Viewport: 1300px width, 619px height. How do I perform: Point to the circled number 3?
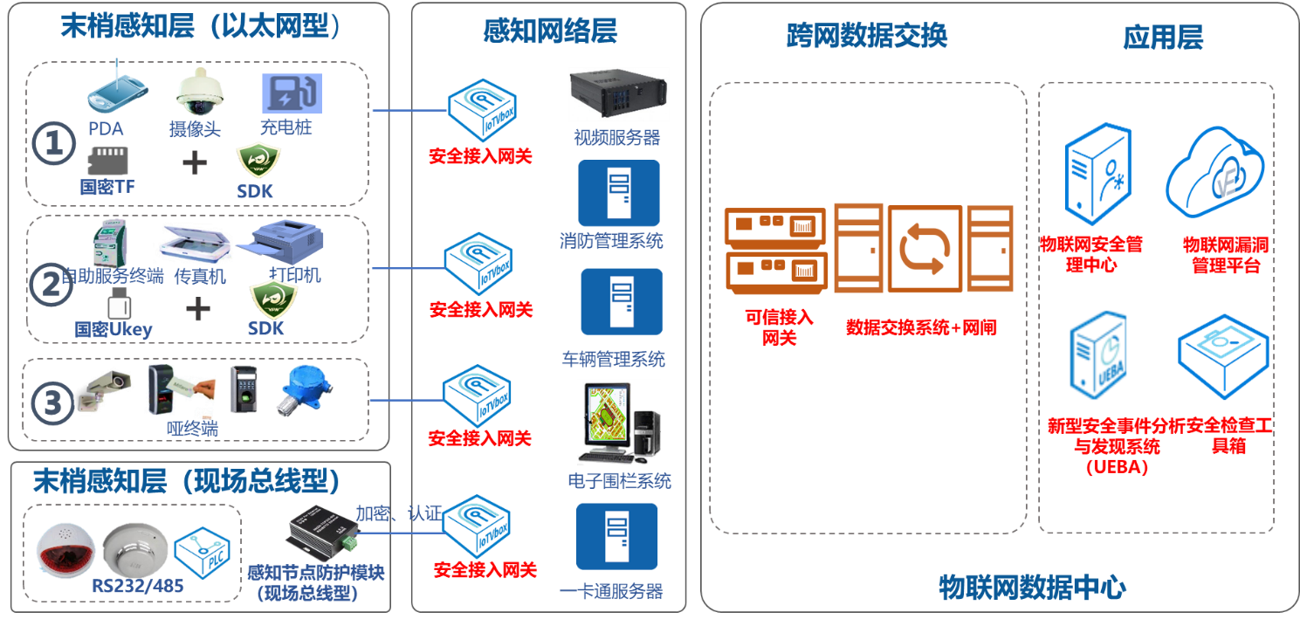[52, 403]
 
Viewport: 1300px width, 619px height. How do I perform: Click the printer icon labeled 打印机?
[286, 240]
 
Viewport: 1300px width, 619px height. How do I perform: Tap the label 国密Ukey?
[113, 329]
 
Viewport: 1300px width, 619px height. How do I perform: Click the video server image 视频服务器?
[618, 94]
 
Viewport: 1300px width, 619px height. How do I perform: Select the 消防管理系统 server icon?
[618, 193]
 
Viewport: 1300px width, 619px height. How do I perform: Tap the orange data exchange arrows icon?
[925, 249]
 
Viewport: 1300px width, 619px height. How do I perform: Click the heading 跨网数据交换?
[866, 36]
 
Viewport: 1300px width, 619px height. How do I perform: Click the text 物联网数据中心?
[1032, 587]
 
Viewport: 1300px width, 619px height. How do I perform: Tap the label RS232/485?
[138, 586]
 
